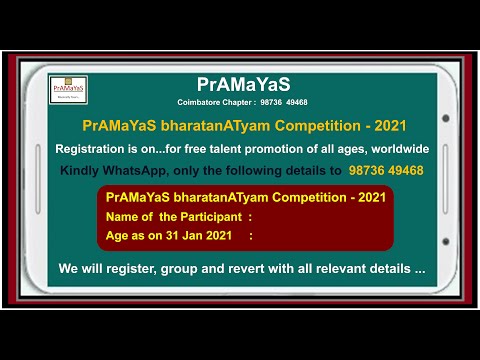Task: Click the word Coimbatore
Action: click(199, 102)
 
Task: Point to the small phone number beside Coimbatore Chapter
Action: click(284, 102)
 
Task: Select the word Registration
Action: click(94, 148)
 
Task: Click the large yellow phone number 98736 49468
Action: click(385, 170)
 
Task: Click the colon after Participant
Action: click(249, 216)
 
